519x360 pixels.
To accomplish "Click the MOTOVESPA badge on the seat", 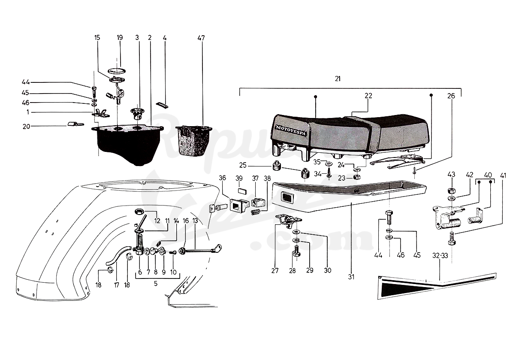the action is pos(290,131).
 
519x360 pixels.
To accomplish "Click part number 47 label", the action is pos(201,38).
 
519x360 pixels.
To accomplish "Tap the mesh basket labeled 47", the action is pos(194,140).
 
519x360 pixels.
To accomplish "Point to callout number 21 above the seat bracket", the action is pos(338,79).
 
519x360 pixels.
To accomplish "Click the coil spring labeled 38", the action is pos(256,212).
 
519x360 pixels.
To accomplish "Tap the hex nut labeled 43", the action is pos(451,191).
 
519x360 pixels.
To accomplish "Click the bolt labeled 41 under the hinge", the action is pos(452,239).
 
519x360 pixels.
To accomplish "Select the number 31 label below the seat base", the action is pos(351,277).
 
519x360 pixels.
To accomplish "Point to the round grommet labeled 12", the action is pos(139,212).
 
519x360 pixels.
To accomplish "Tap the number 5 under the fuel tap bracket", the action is pos(156,284).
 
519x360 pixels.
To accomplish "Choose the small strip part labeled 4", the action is pos(163,105).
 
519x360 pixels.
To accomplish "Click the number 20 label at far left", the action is pos(26,127).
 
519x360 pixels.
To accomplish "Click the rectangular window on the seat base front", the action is pos(287,197).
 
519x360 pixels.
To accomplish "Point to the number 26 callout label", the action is pos(451,96).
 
